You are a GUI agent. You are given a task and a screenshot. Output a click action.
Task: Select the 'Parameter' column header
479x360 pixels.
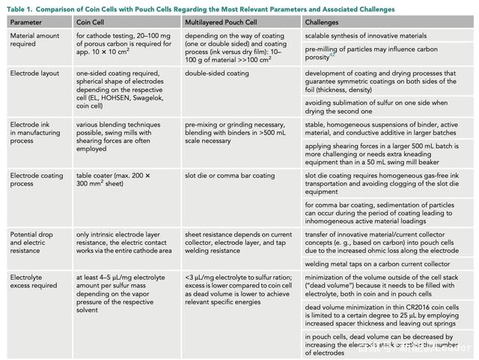coord(26,22)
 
